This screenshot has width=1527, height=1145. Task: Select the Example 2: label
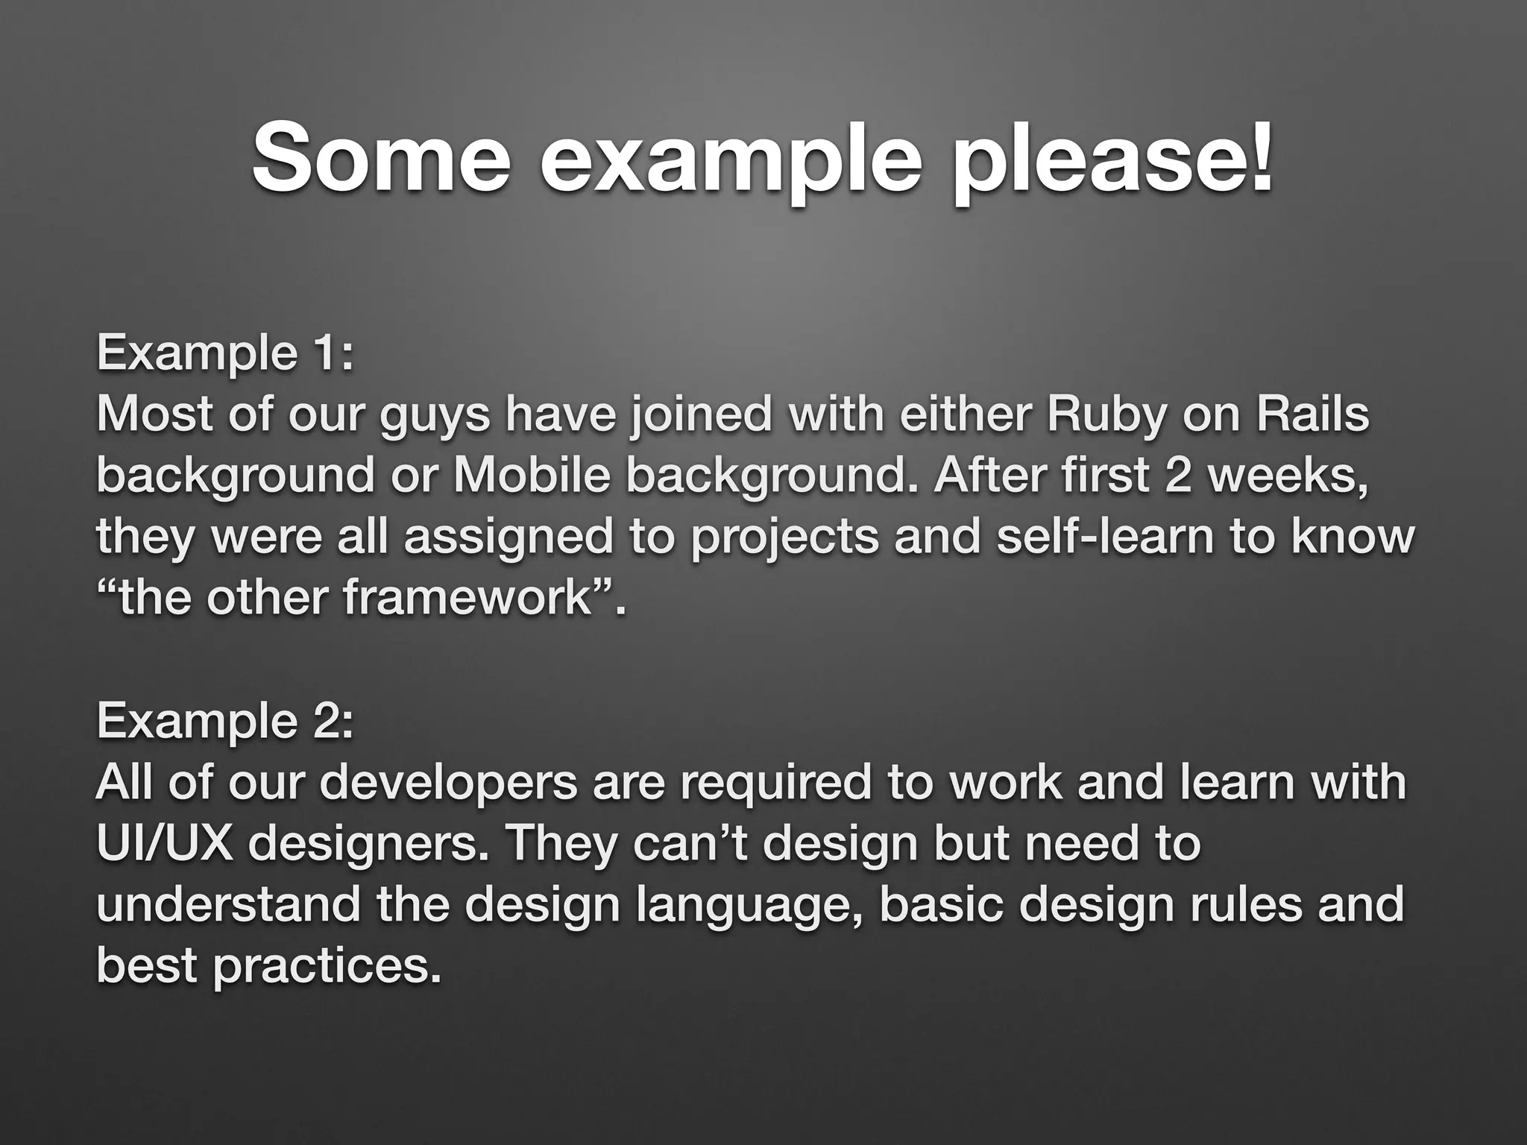[224, 721]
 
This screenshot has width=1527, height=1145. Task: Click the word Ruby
[1106, 416]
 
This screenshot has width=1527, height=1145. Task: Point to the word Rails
[1313, 414]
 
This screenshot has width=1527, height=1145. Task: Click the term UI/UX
[165, 844]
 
